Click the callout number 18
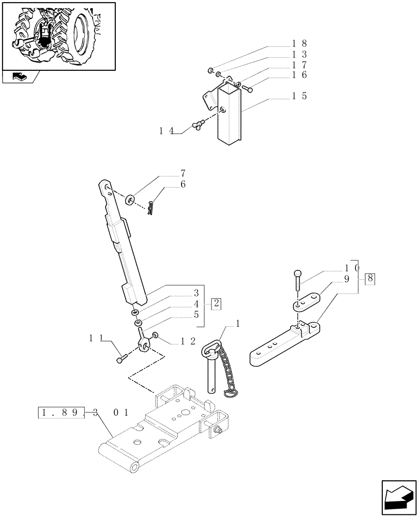click(x=300, y=43)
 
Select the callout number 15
click(x=300, y=96)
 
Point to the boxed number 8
click(x=370, y=279)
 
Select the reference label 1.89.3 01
click(x=83, y=413)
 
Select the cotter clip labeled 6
click(x=150, y=208)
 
